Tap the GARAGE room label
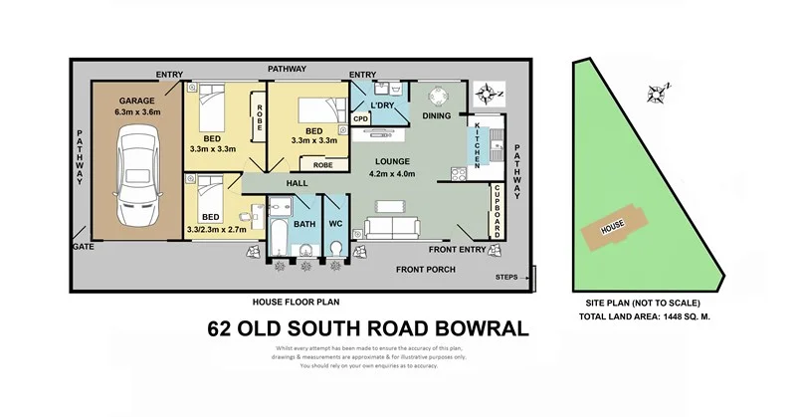click(137, 101)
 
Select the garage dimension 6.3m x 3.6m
click(137, 113)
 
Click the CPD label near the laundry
click(361, 118)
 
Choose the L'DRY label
click(383, 104)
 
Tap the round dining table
click(440, 98)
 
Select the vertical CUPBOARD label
click(497, 212)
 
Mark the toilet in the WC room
click(336, 246)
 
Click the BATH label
click(304, 224)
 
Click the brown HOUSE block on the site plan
click(611, 228)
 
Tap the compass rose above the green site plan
click(657, 95)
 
